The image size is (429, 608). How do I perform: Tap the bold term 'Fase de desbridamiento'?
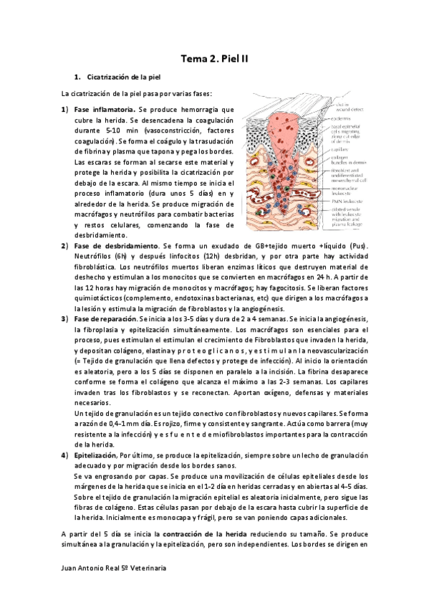pos(115,246)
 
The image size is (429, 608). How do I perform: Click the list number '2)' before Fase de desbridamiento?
pos(64,246)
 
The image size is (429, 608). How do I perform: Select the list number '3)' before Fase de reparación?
pos(64,318)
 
